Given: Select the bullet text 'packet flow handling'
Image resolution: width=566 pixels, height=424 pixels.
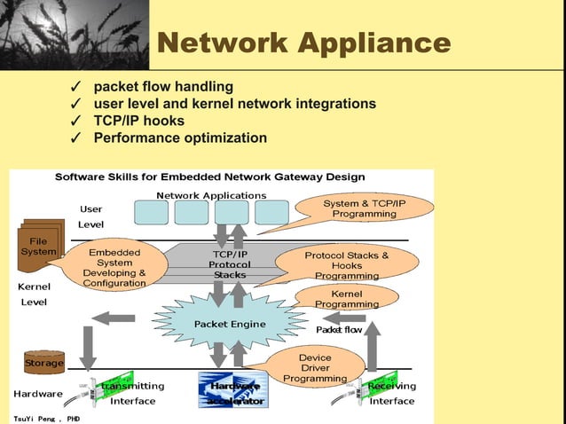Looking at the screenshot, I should click(x=163, y=87).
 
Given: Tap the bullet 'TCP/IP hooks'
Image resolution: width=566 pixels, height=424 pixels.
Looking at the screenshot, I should click(x=139, y=121).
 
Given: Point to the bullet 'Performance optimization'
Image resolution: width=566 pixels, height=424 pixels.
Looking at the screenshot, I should click(x=180, y=137).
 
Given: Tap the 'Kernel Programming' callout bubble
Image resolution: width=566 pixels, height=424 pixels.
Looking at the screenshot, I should click(x=346, y=299).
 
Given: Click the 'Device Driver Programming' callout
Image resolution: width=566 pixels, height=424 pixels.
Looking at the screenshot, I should click(x=315, y=368).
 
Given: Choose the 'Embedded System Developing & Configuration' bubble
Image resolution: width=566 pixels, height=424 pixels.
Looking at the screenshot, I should click(x=114, y=267).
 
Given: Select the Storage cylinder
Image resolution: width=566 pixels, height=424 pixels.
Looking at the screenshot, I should click(x=43, y=362).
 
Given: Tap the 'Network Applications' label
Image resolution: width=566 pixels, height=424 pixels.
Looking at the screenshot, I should click(x=211, y=194).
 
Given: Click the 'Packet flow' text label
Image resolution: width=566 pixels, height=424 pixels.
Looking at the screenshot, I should click(x=340, y=329).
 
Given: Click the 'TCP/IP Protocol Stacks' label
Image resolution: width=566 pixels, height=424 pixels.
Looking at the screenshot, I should click(x=229, y=264).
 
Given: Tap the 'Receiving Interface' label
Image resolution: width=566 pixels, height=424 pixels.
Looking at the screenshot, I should click(x=391, y=394).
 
